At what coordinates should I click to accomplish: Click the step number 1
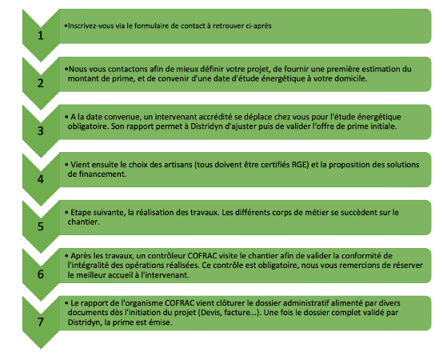[x=41, y=35]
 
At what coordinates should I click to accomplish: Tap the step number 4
[x=41, y=179]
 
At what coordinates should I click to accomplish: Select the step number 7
[x=41, y=322]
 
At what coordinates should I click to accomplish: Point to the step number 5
[x=41, y=226]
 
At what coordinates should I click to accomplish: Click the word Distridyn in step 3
[x=206, y=126]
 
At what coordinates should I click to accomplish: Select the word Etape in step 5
[x=79, y=213]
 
